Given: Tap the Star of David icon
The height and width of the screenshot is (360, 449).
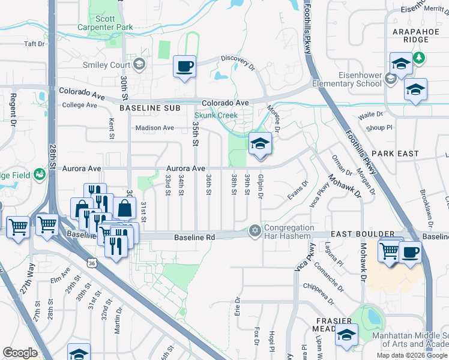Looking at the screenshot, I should tap(255, 231).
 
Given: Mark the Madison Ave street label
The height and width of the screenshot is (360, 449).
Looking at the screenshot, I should tap(154, 128).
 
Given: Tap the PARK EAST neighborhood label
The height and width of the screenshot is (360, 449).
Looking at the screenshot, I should tap(399, 154).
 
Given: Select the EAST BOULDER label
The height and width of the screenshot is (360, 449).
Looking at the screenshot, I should tap(365, 234).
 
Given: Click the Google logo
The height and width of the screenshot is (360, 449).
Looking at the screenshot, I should tap(20, 352).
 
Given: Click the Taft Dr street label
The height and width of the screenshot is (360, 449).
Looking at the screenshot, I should tap(34, 44).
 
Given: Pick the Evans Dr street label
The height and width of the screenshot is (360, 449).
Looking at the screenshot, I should tap(297, 191).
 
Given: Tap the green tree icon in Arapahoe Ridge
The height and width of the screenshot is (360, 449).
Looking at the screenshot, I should tap(420, 58).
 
